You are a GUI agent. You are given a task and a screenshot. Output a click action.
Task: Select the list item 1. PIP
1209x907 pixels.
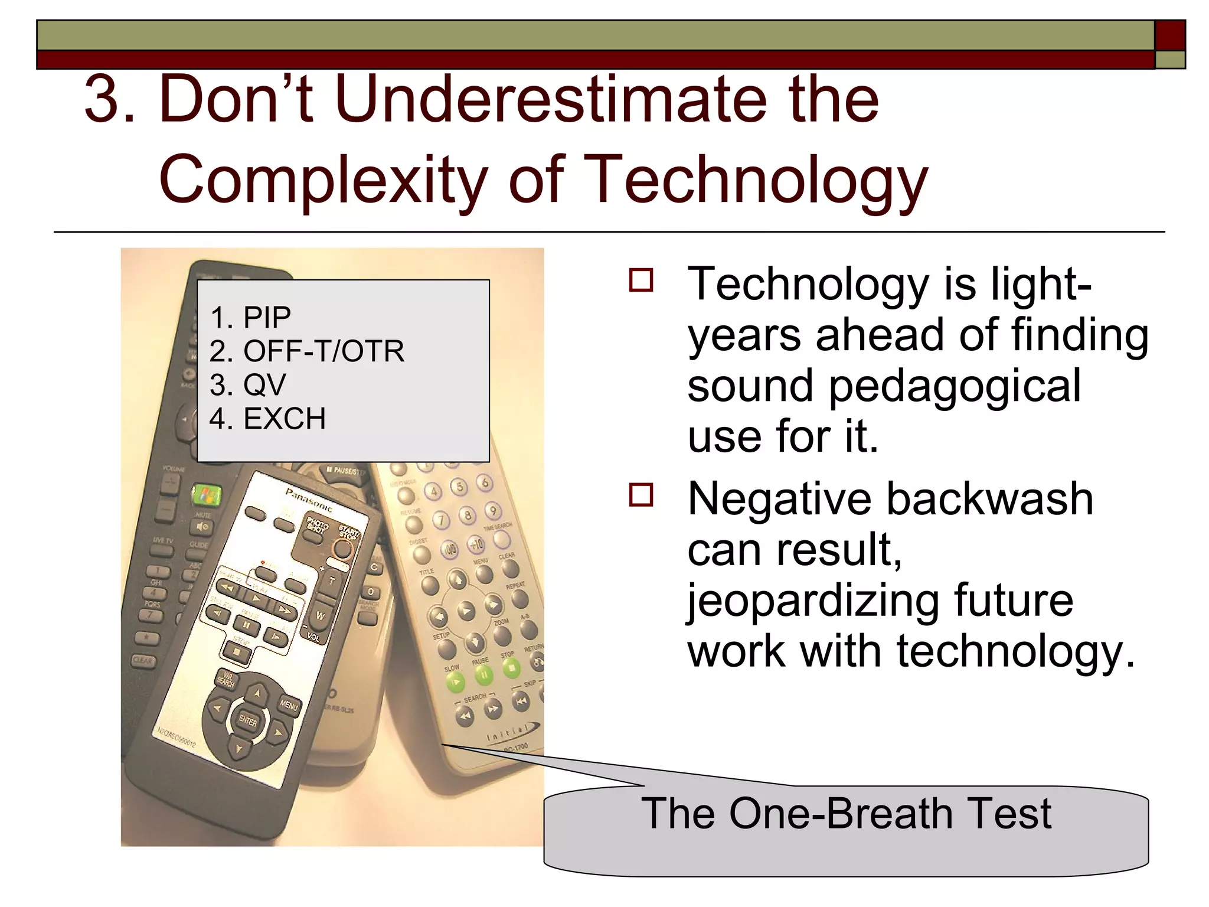pyautogui.click(x=250, y=318)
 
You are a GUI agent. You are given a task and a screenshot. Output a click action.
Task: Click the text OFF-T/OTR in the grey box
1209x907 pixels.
pyautogui.click(x=324, y=351)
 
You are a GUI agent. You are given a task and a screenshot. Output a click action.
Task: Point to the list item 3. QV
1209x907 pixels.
pyautogui.click(x=248, y=385)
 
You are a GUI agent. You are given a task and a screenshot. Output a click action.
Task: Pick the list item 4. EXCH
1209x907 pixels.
pyautogui.click(x=267, y=419)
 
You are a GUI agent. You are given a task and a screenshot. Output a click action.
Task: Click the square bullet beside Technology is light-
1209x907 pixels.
pyautogui.click(x=641, y=280)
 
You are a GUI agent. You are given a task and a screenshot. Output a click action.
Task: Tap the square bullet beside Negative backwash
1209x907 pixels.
pyautogui.click(x=641, y=495)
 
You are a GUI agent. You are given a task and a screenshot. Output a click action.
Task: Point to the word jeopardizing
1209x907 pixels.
pyautogui.click(x=812, y=601)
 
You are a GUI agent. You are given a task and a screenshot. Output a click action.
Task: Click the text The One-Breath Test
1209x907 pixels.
pyautogui.click(x=845, y=814)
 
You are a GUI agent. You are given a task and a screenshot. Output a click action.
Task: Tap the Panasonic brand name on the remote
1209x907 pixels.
pyautogui.click(x=309, y=500)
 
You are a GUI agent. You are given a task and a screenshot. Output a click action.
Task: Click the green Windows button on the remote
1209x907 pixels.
pyautogui.click(x=206, y=495)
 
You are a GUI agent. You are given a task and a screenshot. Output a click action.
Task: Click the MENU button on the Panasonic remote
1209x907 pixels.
pyautogui.click(x=289, y=704)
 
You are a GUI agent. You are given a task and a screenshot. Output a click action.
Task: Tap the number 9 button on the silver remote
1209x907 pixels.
pyautogui.click(x=493, y=510)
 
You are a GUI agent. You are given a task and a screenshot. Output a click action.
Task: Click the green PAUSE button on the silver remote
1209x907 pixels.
pyautogui.click(x=483, y=674)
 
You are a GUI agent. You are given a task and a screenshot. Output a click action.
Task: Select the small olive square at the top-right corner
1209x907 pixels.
pyautogui.click(x=1170, y=60)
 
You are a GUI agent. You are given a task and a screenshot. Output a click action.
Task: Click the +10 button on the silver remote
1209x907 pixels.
pyautogui.click(x=476, y=544)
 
